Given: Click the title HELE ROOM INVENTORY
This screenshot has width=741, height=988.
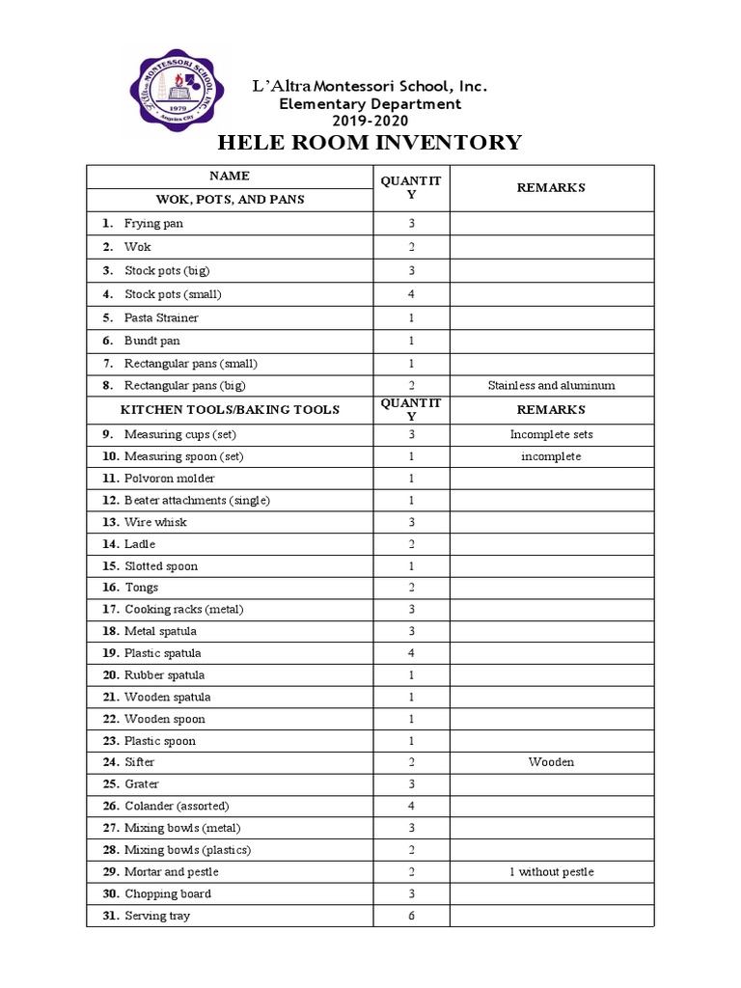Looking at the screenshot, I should point(370,144).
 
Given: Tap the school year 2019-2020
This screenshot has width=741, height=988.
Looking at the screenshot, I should point(370,121).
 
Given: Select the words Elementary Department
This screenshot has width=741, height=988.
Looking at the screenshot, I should point(370,104).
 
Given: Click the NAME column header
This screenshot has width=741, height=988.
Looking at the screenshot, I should point(230,176).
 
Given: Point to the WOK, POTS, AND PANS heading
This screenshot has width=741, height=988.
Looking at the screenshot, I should point(230,200).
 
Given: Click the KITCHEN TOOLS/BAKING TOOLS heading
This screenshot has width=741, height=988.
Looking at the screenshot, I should point(230,409).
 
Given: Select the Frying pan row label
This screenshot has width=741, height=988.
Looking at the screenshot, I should point(153,224).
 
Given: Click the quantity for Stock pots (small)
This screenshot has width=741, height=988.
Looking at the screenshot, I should point(411,294).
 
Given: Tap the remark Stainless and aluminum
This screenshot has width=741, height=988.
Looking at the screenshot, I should point(551,386).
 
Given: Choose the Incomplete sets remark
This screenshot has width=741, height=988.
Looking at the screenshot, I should point(551,434).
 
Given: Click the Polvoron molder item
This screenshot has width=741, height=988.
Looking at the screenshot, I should point(169,479).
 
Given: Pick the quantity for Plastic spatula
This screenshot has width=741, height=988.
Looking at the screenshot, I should point(411,653).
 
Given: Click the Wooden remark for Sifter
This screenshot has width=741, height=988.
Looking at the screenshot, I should point(551,762).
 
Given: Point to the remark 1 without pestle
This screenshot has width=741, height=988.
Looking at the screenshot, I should point(551,872).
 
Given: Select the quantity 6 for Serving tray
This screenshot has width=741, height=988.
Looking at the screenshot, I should point(411,916).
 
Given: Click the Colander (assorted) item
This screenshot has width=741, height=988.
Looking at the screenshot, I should point(177,806).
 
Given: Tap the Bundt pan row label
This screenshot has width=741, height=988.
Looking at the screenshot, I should point(151,341).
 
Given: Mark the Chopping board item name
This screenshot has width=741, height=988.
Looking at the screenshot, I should point(167,893).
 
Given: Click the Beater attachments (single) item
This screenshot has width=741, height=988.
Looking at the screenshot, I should point(197,501).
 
